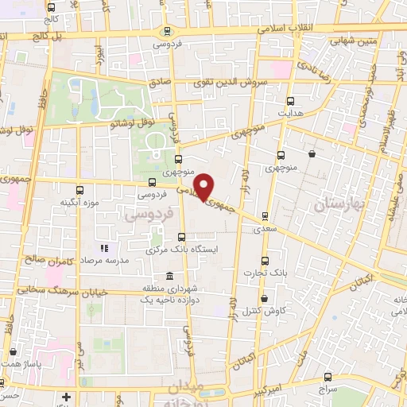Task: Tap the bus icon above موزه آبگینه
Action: tap(79, 190)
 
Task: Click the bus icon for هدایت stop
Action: tap(290, 101)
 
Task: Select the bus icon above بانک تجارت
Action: tap(266, 261)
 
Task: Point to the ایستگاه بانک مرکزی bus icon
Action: tap(181, 236)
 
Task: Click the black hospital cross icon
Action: tap(67, 396)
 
